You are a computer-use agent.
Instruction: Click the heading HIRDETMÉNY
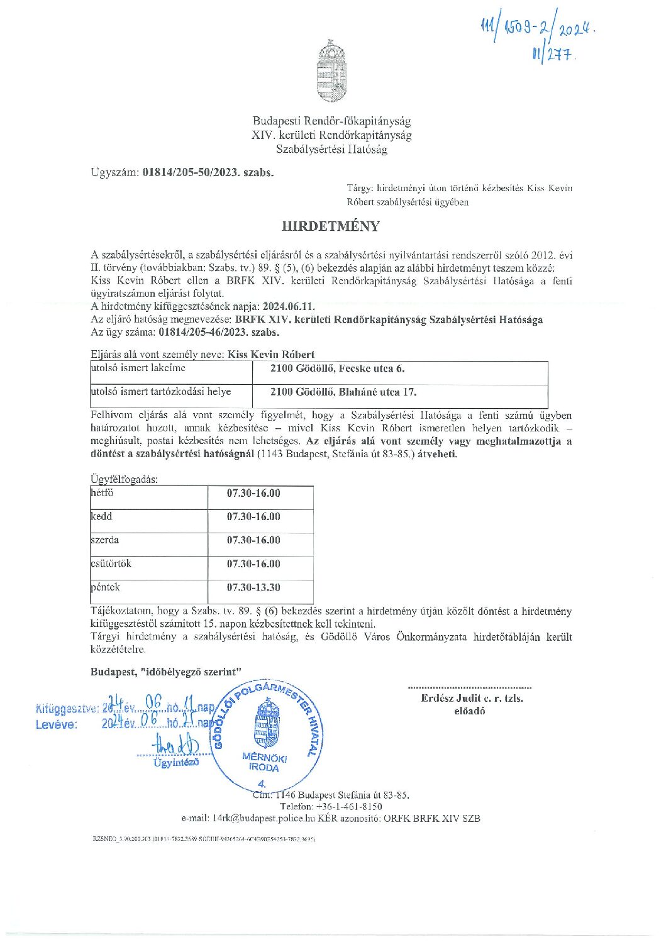coord(330,226)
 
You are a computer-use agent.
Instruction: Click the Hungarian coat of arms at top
coord(331,70)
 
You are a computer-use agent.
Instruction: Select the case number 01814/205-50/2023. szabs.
coord(208,172)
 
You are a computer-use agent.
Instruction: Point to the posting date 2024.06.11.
coord(289,307)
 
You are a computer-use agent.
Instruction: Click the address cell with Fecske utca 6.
coord(337,368)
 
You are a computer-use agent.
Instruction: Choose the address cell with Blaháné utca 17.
coord(343,392)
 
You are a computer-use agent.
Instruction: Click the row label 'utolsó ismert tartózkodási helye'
coord(161,392)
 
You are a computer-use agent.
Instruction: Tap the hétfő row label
coord(103,493)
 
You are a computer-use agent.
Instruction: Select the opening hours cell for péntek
coord(253,587)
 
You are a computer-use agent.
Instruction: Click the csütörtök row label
coord(111,563)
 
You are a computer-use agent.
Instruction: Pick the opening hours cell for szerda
coord(253,540)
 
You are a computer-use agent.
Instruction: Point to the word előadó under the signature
coord(470,711)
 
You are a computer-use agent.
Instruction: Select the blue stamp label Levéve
coord(57,724)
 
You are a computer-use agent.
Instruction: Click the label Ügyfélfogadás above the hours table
coord(125,479)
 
